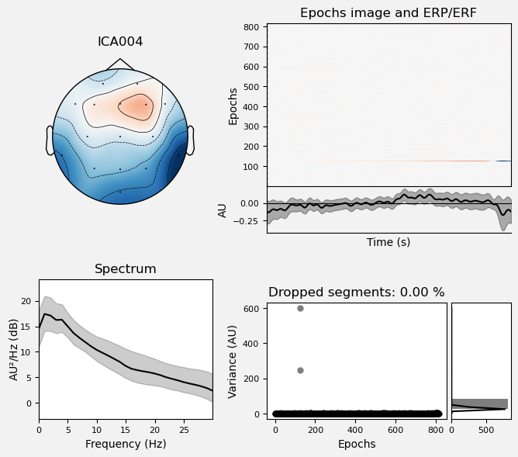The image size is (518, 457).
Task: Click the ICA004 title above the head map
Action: pos(120,42)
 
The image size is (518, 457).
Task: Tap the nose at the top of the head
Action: pos(120,64)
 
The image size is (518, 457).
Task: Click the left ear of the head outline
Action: pos(50,140)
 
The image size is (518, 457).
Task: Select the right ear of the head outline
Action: pos(190,140)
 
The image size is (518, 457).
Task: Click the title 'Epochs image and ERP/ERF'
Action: pos(388,12)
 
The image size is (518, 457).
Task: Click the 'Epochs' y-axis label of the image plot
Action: pos(233,105)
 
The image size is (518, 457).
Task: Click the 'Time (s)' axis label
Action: pos(388,242)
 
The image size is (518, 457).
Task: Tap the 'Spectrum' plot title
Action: pos(126,269)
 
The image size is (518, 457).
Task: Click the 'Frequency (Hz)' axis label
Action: pos(126,445)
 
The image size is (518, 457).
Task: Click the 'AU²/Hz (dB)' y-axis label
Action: pos(15,349)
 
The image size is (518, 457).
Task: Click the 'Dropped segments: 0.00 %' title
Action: pos(357,293)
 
